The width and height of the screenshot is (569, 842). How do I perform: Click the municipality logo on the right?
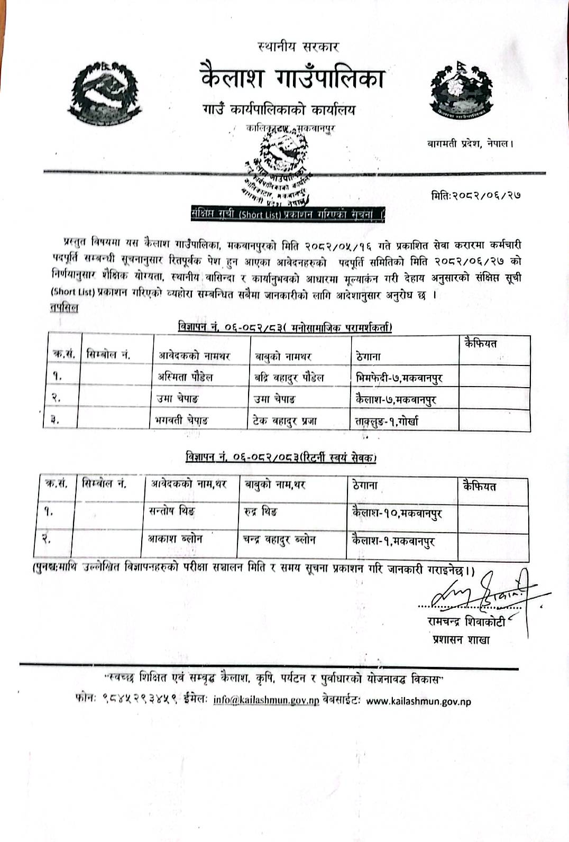(x=461, y=89)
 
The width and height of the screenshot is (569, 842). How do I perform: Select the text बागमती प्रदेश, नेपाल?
(x=470, y=143)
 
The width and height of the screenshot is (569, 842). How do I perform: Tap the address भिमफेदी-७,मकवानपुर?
(x=399, y=378)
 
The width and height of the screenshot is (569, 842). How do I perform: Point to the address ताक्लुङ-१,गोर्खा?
(x=387, y=422)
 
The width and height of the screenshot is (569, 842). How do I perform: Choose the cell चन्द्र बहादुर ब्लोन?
(x=279, y=540)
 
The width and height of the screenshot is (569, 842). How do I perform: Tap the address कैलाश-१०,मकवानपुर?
(x=397, y=512)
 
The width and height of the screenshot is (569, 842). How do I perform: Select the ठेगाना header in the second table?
(x=365, y=485)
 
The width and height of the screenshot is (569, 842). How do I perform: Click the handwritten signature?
(x=484, y=591)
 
